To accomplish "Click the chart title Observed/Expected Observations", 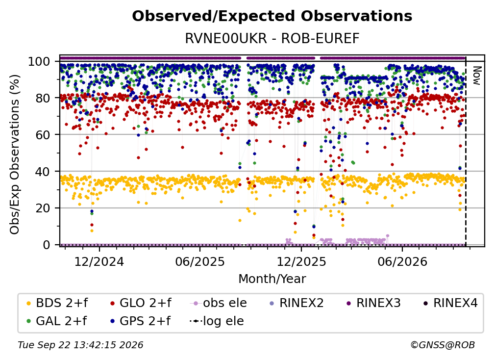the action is pyautogui.click(x=272, y=16).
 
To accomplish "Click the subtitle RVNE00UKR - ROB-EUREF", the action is pyautogui.click(x=272, y=38).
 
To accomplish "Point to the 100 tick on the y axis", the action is pyautogui.click(x=43, y=61).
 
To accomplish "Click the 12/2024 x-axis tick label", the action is pyautogui.click(x=99, y=261).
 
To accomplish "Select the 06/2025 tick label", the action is pyautogui.click(x=200, y=261).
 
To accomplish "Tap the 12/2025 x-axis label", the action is pyautogui.click(x=301, y=261).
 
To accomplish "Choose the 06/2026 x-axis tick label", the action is pyautogui.click(x=402, y=261).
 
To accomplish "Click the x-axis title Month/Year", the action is pyautogui.click(x=272, y=279).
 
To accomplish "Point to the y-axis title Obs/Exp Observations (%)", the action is pyautogui.click(x=15, y=154).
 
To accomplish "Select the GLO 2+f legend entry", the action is pyautogui.click(x=141, y=303).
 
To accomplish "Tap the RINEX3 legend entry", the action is pyautogui.click(x=373, y=303).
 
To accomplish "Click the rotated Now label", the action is pyautogui.click(x=476, y=76).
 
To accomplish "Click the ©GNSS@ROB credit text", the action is pyautogui.click(x=443, y=345).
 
